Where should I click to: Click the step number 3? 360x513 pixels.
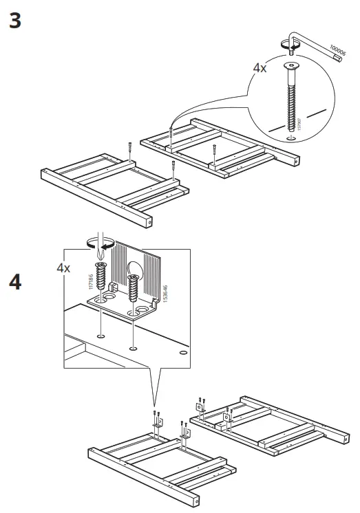[x=15, y=21]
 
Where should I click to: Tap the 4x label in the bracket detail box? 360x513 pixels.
[x=63, y=268]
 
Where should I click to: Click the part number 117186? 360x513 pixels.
[x=90, y=278]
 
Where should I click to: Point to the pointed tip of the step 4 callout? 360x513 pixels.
[x=156, y=406]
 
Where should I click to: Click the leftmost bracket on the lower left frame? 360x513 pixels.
[x=157, y=427]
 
